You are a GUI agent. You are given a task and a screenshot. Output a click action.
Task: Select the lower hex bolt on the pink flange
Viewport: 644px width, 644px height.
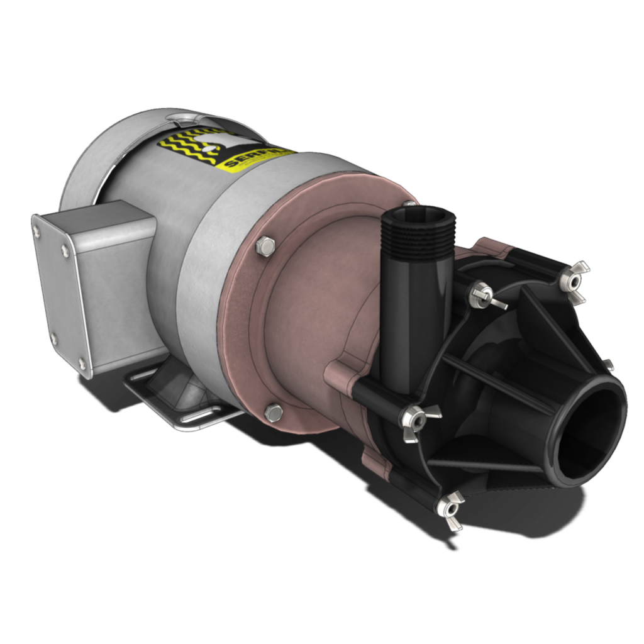pos(273,413)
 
